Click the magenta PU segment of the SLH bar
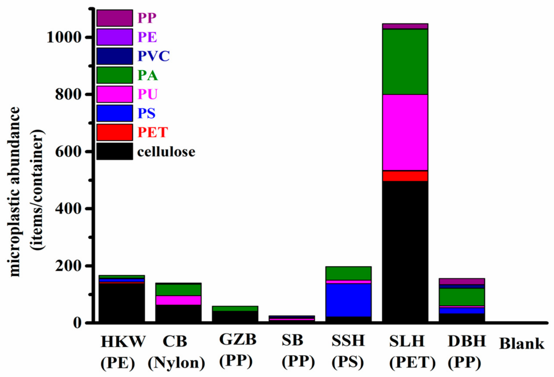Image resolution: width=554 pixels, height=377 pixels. (x=405, y=132)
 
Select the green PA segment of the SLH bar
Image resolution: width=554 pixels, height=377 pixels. (x=405, y=62)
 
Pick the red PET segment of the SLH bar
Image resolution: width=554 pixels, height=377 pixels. (x=405, y=176)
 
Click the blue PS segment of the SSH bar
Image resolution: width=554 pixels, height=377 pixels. (x=348, y=300)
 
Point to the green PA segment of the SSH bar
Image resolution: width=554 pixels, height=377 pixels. (x=348, y=273)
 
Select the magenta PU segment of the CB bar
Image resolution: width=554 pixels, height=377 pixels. (x=178, y=300)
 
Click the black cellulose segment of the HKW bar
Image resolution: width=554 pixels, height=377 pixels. (x=121, y=302)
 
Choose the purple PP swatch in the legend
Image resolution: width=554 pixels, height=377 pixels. (x=115, y=18)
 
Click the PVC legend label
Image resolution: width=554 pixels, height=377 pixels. (x=153, y=56)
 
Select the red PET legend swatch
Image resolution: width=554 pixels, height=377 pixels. (x=115, y=132)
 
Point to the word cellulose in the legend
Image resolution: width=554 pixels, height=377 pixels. (x=166, y=152)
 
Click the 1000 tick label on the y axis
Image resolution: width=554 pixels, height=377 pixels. (x=64, y=37)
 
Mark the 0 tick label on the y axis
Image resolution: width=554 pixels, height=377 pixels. (x=77, y=323)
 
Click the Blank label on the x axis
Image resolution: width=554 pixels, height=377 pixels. (x=522, y=344)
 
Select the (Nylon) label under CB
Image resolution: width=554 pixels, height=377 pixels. (x=177, y=363)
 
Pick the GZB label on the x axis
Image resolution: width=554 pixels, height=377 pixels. (x=238, y=339)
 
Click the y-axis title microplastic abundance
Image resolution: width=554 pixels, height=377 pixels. (x=15, y=191)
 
